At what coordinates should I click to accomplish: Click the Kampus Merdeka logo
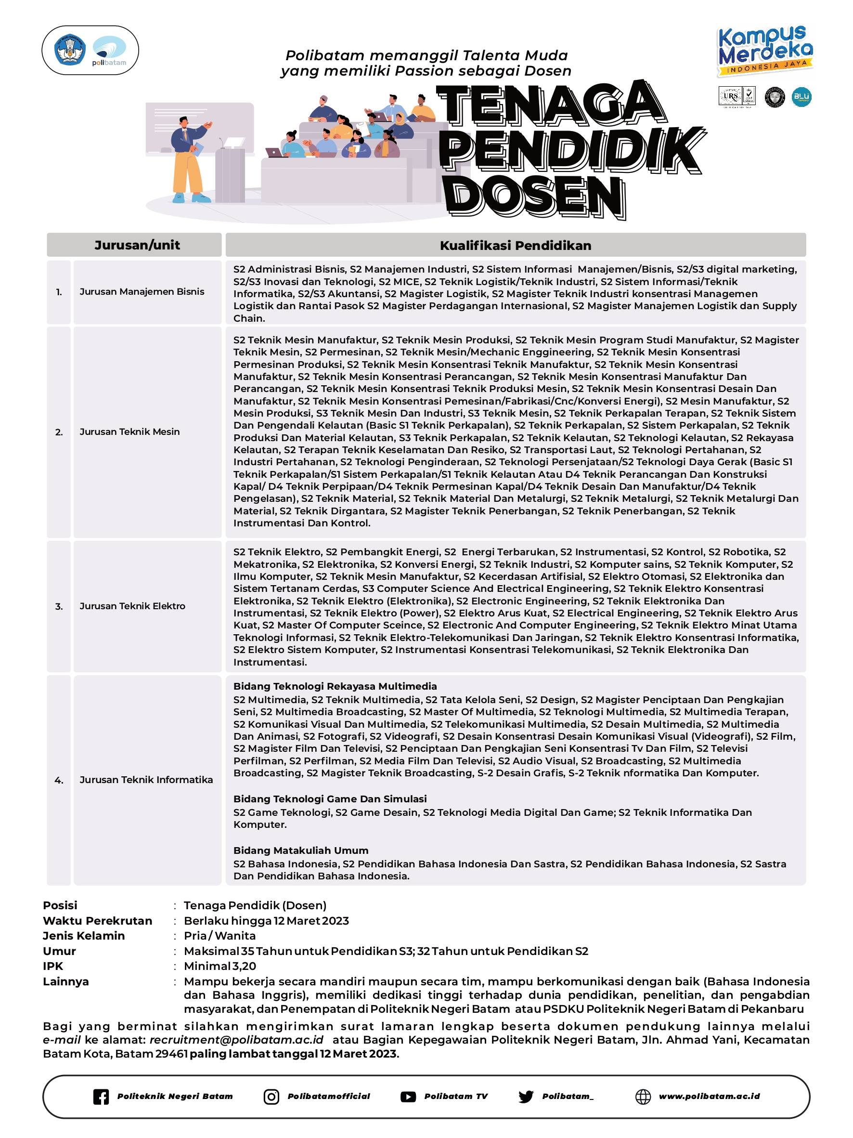(x=764, y=51)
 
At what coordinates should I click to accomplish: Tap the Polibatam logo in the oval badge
(x=109, y=51)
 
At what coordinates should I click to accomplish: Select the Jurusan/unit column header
(x=137, y=245)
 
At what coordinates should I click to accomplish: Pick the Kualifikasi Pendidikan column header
(x=515, y=246)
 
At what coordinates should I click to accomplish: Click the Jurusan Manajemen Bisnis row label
(x=142, y=292)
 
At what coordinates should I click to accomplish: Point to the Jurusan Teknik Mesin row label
(x=129, y=432)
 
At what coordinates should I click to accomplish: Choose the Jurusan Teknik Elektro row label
(x=132, y=606)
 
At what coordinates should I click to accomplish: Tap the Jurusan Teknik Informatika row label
(x=146, y=779)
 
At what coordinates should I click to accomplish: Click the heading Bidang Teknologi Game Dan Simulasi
(x=330, y=798)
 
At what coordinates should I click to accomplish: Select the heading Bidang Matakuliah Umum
(x=301, y=850)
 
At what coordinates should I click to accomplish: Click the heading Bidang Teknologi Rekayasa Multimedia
(x=335, y=686)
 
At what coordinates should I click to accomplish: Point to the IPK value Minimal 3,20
(x=220, y=966)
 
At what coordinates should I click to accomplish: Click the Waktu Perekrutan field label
(x=98, y=920)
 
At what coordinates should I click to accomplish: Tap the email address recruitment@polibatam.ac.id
(x=236, y=1040)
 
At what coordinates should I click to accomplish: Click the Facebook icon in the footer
(x=101, y=1096)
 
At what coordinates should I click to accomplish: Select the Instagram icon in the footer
(x=271, y=1096)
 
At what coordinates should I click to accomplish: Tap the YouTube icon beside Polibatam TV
(x=408, y=1096)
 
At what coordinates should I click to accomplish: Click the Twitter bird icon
(x=526, y=1096)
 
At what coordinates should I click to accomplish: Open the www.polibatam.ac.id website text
(x=709, y=1096)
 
